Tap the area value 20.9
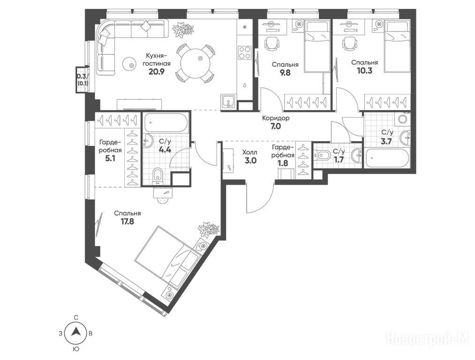(x=157, y=72)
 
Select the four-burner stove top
(x=245, y=52)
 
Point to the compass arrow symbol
(x=76, y=333)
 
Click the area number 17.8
(x=127, y=221)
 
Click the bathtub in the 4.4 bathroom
(x=166, y=122)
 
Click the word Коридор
(x=276, y=118)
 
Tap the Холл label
(x=250, y=153)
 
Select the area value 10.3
(x=364, y=70)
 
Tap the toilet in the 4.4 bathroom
(x=158, y=176)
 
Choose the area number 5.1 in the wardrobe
(x=110, y=158)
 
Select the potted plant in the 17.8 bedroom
(x=208, y=230)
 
